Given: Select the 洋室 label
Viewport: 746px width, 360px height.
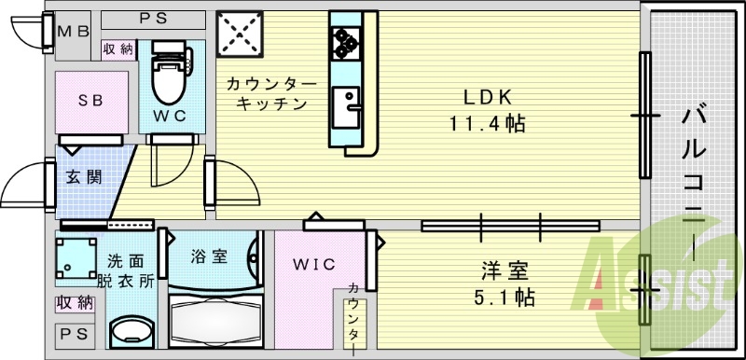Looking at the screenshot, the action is point(505,272).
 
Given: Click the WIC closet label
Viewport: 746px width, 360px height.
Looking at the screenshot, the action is point(314,264).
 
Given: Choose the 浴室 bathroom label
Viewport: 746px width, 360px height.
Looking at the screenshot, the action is point(209,256).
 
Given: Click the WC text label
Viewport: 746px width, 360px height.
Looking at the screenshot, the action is point(171,116).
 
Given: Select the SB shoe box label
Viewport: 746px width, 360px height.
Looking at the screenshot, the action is point(90,99).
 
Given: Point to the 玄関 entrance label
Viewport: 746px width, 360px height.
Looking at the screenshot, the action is point(83,175).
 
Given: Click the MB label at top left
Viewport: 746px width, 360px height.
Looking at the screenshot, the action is point(73,31).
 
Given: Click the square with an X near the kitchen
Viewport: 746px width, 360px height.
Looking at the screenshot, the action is point(240,35).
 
